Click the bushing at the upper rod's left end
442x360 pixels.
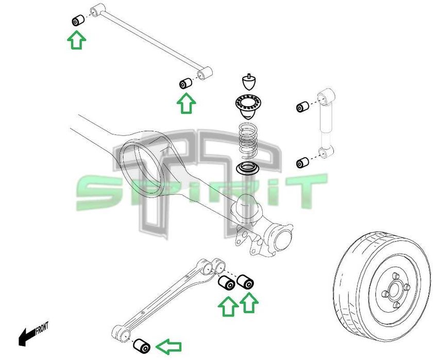(x=78, y=21)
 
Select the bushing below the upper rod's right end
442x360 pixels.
(x=185, y=83)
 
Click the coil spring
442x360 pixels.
(x=250, y=141)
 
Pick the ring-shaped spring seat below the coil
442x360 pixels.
(x=248, y=167)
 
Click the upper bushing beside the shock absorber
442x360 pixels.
(x=302, y=107)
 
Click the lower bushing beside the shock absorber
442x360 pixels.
(x=302, y=163)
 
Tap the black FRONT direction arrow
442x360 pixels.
(x=26, y=337)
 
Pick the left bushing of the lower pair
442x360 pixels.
(x=227, y=282)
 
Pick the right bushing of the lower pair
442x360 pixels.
(x=245, y=282)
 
